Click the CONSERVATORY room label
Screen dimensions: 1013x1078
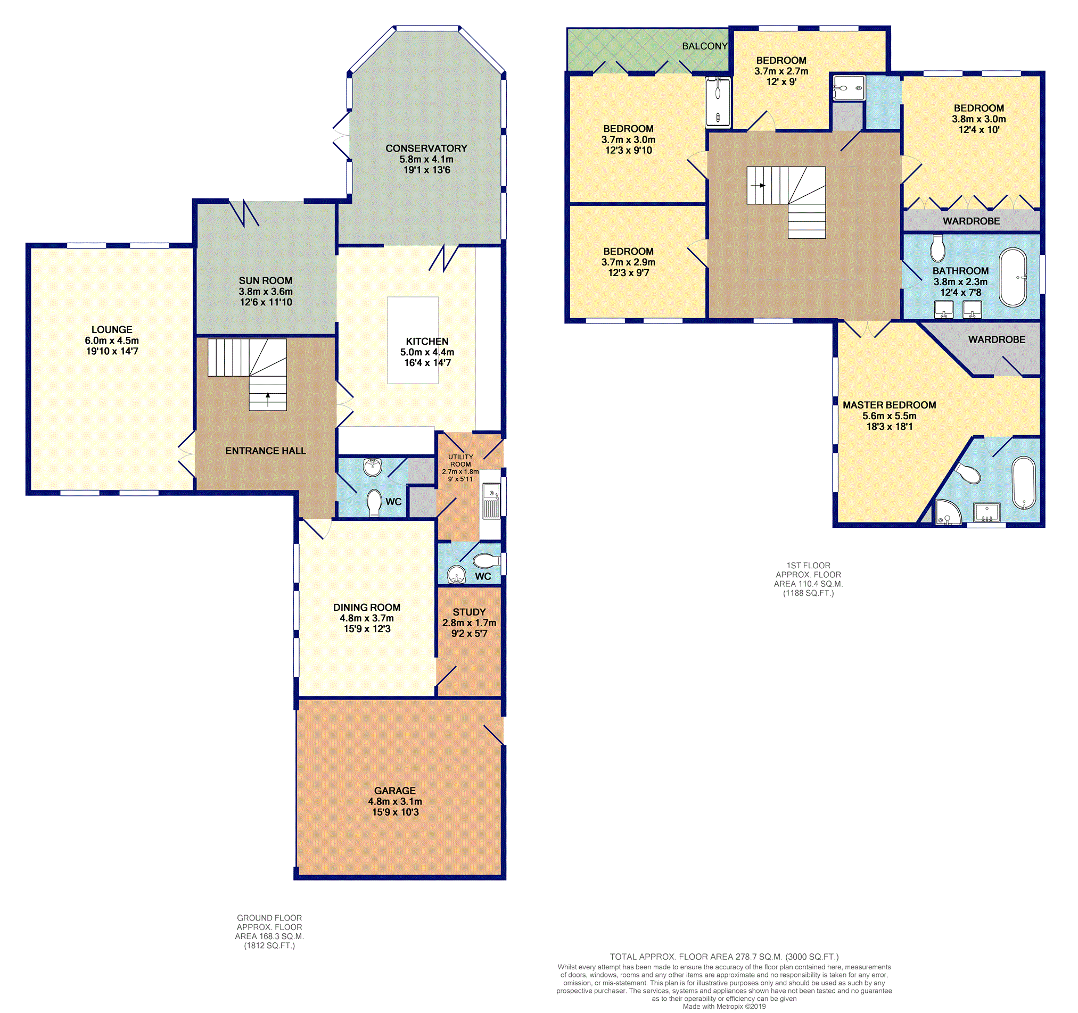(426, 148)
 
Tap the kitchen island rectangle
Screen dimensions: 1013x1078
(413, 340)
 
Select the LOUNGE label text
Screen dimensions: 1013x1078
(112, 329)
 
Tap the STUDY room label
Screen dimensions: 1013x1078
(469, 612)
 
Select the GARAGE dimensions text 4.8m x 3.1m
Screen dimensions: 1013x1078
(395, 801)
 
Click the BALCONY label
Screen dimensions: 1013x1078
(704, 46)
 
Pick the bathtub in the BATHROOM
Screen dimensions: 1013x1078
(1013, 278)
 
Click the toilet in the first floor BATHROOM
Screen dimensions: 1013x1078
(937, 249)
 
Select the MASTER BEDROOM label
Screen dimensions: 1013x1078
(890, 405)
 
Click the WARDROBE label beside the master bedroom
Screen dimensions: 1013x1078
(997, 339)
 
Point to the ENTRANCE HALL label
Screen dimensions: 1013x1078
(265, 451)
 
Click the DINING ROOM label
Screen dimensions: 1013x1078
(367, 607)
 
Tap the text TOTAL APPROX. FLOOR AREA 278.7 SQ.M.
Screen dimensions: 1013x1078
(724, 957)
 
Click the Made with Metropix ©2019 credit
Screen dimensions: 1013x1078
(724, 1007)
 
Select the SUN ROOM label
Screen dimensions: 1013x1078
(265, 280)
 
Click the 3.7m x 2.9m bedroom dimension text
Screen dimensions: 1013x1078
(628, 262)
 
